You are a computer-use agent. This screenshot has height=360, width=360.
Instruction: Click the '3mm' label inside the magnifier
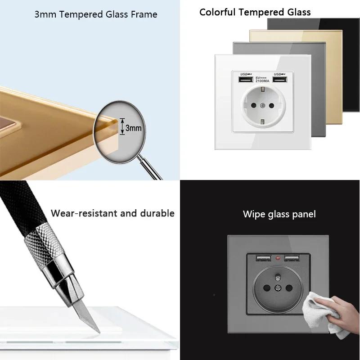click(x=133, y=128)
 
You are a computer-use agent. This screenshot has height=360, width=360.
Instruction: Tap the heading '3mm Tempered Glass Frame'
click(x=96, y=14)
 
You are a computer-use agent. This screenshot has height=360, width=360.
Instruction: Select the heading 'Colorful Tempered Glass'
click(x=255, y=12)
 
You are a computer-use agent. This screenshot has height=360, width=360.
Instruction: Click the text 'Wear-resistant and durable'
click(x=112, y=213)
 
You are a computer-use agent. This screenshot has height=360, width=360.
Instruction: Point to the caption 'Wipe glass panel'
click(x=279, y=214)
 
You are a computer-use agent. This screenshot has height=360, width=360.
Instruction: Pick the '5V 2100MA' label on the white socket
click(x=262, y=80)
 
